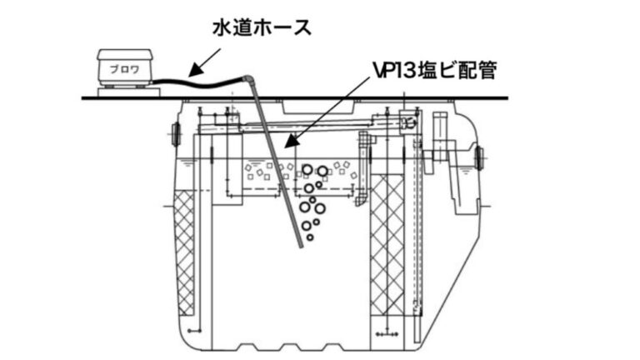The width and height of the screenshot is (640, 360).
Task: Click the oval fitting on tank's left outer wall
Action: point(176,131)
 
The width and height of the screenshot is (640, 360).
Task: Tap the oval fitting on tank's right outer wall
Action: point(479,156)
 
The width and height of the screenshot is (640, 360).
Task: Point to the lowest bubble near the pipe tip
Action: point(311,237)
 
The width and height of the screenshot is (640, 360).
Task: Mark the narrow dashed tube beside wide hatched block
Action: point(417,250)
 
